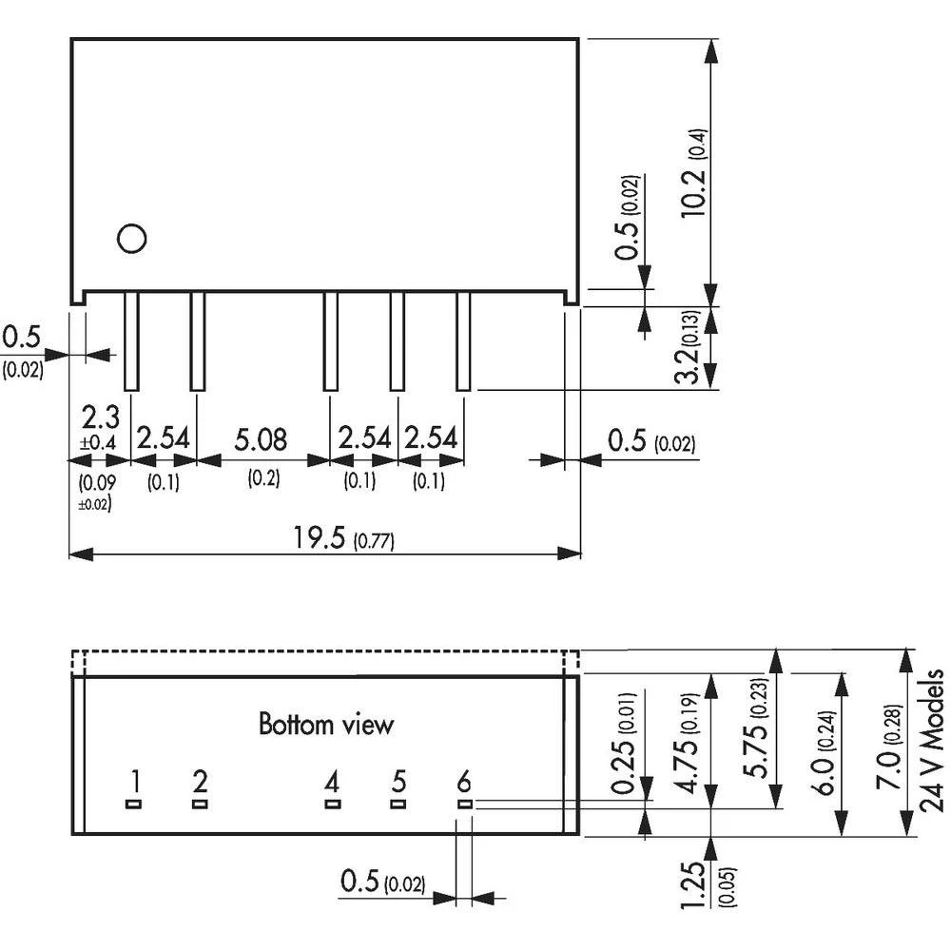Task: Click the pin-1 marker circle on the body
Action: (131, 238)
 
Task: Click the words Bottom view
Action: (326, 725)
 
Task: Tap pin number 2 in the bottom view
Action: (200, 783)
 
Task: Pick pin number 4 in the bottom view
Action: (331, 783)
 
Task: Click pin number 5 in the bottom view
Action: (398, 783)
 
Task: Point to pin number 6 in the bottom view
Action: (464, 783)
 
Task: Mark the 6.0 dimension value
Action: (824, 751)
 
